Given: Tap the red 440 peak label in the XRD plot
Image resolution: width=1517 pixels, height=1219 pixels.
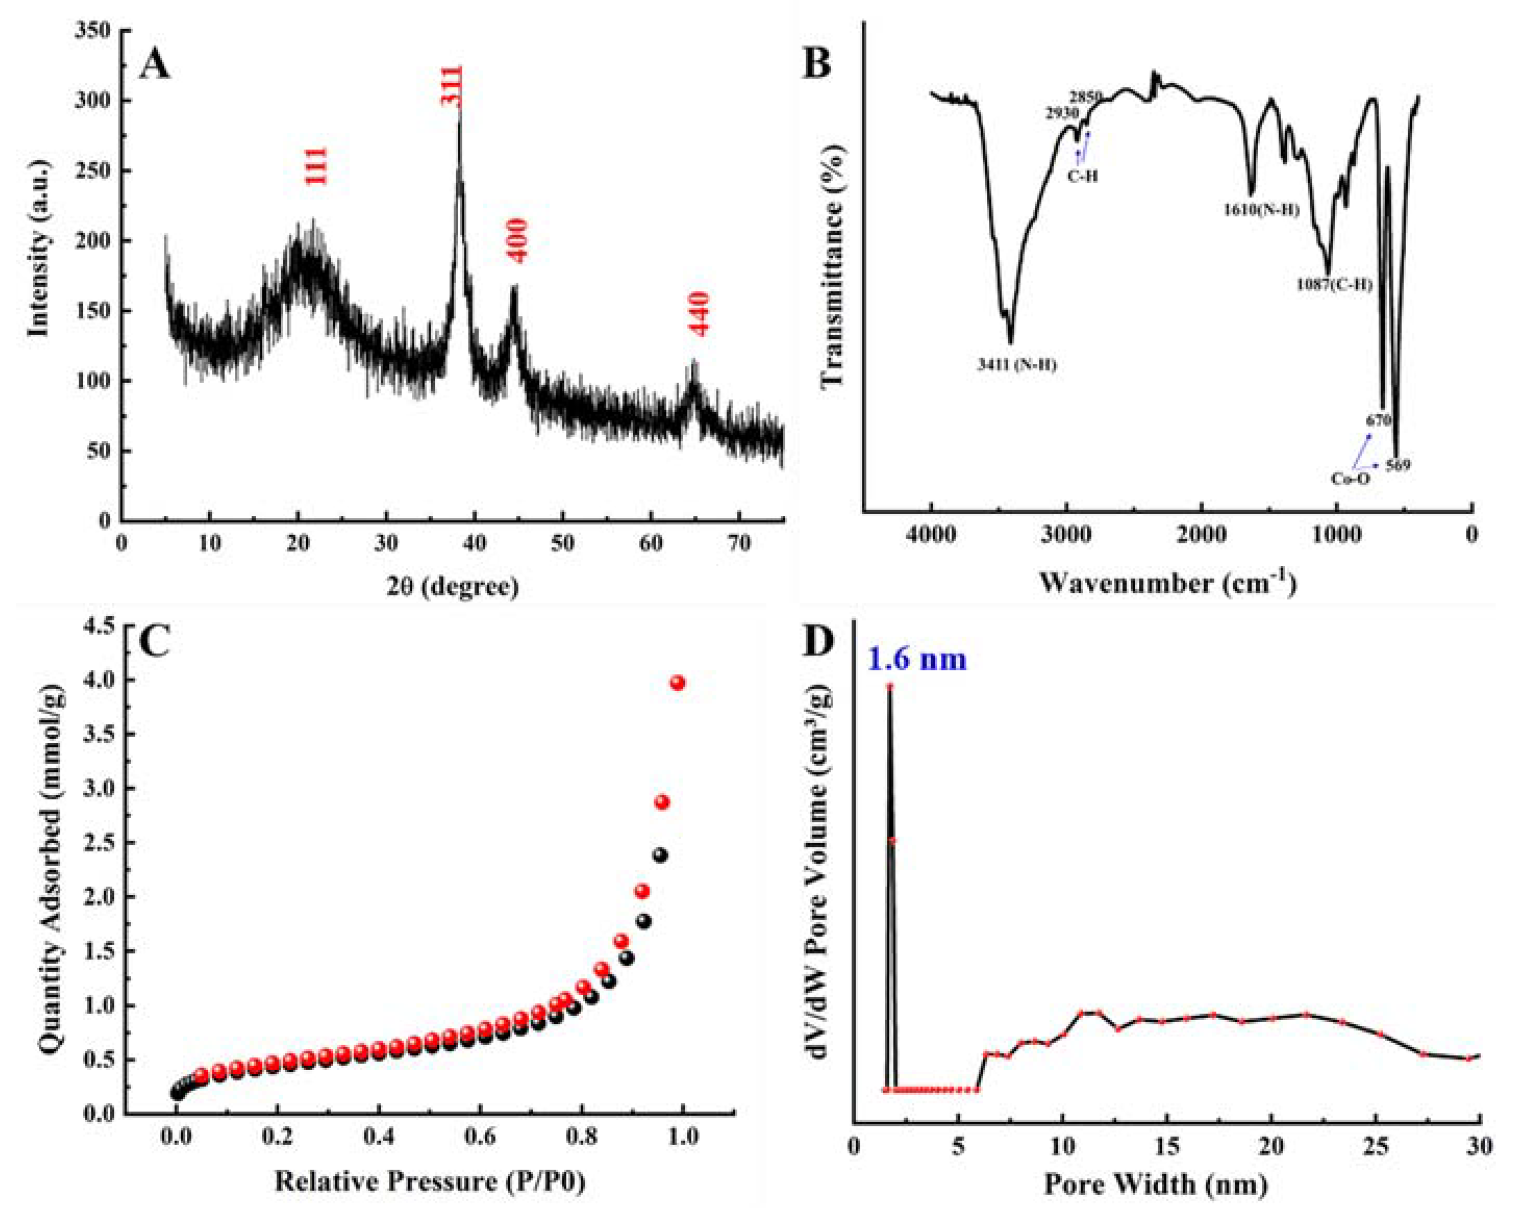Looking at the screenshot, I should click(699, 314).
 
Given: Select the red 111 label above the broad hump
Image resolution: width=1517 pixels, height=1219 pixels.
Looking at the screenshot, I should click(316, 166).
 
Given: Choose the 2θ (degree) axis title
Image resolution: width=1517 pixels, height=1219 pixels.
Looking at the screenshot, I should click(453, 586).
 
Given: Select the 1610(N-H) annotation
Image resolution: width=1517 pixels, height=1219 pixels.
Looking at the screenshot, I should click(1261, 210).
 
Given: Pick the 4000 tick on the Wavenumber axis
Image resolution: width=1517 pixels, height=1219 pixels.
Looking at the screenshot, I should click(931, 535).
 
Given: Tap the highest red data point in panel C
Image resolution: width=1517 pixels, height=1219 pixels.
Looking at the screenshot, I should click(678, 682).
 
